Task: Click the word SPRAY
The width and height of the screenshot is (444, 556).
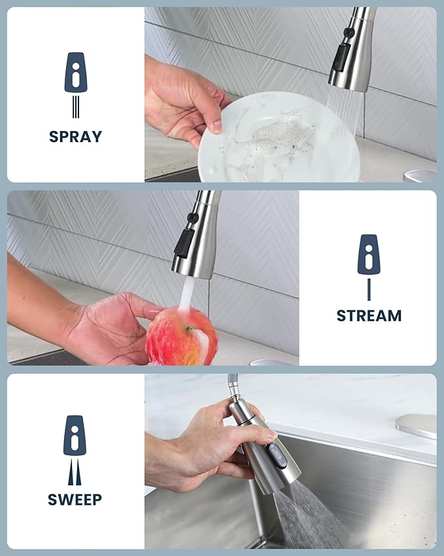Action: [75, 137]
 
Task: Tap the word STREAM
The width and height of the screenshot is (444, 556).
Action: [369, 316]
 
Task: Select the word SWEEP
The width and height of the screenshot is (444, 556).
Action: [75, 500]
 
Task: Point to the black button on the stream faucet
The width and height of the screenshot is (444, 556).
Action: [184, 240]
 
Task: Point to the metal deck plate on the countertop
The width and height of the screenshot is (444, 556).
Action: [417, 425]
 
